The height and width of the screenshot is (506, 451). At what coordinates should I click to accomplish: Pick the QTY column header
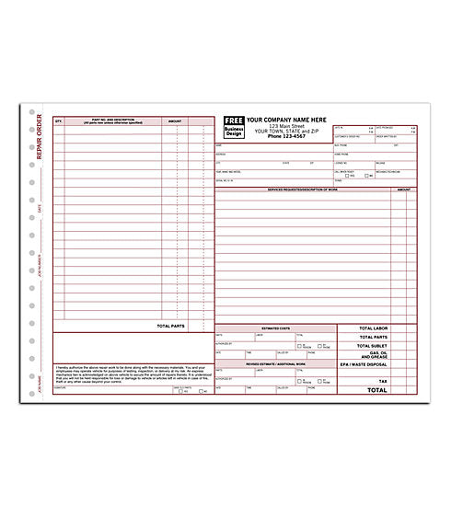[x=59, y=121]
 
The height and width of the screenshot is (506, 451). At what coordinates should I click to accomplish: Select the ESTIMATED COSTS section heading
[x=275, y=328]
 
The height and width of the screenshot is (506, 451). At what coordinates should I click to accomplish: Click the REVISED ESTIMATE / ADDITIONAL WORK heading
[x=275, y=363]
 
